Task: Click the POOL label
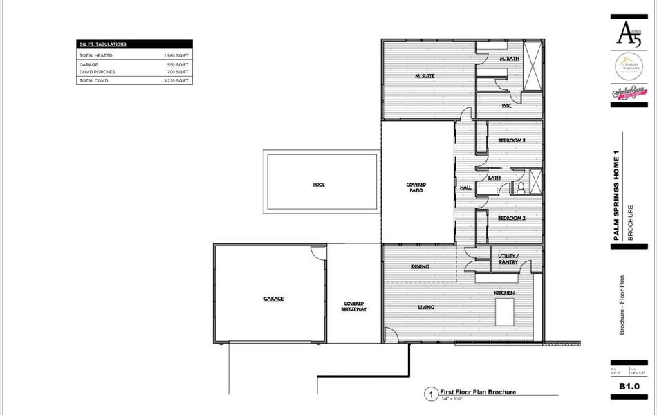pyautogui.click(x=319, y=185)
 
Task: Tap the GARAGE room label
pyautogui.click(x=273, y=299)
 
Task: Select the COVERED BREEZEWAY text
pyautogui.click(x=355, y=306)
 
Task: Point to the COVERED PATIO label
pyautogui.click(x=416, y=187)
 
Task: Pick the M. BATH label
pyautogui.click(x=509, y=59)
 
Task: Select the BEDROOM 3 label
pyautogui.click(x=512, y=140)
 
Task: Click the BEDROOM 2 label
pyautogui.click(x=512, y=218)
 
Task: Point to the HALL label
pyautogui.click(x=465, y=187)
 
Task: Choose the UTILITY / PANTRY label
pyautogui.click(x=508, y=259)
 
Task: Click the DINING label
pyautogui.click(x=420, y=266)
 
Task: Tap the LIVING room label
pyautogui.click(x=425, y=307)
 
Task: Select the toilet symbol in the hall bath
pyautogui.click(x=521, y=187)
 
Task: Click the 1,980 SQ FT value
pyautogui.click(x=176, y=55)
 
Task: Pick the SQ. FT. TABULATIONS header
pyautogui.click(x=103, y=44)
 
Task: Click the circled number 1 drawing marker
pyautogui.click(x=430, y=395)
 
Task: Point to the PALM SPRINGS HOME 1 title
pyautogui.click(x=616, y=201)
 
